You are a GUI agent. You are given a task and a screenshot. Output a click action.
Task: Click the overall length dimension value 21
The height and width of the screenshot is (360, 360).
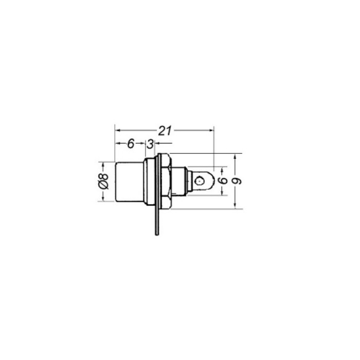pos(165,131)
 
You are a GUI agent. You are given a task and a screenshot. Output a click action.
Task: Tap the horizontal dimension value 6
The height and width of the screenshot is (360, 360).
pos(131,143)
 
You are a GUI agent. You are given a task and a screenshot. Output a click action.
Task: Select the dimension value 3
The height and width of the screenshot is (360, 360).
pos(150,145)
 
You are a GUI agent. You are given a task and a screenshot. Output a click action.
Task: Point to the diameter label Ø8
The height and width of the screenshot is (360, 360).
pos(103,182)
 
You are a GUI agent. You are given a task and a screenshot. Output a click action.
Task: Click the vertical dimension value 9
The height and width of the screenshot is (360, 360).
pos(237,181)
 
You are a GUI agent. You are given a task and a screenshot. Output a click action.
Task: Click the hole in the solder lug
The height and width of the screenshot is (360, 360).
pos(200,181)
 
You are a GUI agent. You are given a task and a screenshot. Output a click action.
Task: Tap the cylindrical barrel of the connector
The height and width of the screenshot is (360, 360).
pos(130,182)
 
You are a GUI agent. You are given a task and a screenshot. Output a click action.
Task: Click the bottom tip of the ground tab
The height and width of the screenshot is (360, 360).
pos(157,234)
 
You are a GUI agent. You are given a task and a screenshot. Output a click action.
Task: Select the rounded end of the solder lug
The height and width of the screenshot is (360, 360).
pos(212,181)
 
